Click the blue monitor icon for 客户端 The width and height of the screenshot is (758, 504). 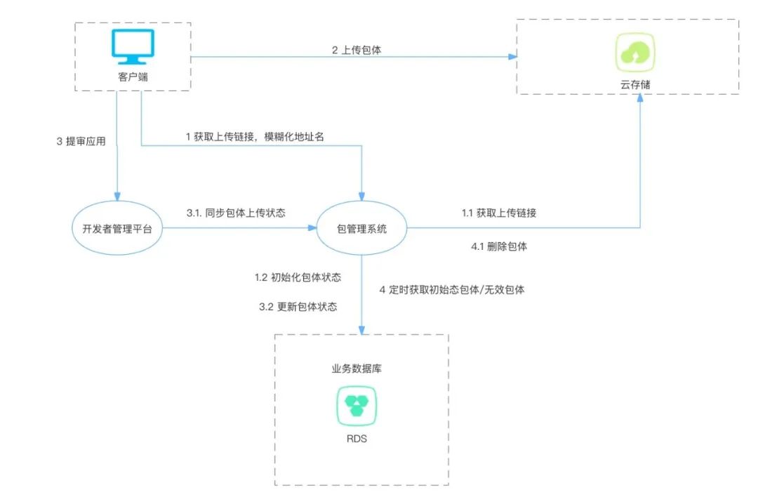(x=133, y=46)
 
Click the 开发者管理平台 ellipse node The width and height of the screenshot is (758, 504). (x=117, y=228)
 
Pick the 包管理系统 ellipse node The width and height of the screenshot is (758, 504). (x=361, y=228)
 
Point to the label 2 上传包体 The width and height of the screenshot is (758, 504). (x=356, y=51)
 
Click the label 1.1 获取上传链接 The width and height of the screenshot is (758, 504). (x=498, y=213)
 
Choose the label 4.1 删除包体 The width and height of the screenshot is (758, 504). (x=498, y=246)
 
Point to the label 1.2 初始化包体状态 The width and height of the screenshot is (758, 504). (x=298, y=277)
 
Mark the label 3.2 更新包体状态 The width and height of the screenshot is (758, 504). (x=298, y=307)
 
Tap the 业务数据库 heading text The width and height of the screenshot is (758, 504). (x=357, y=368)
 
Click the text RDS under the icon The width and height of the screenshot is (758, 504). (x=357, y=439)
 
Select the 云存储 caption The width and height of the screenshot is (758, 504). (x=635, y=84)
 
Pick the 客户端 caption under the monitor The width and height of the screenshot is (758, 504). (x=133, y=77)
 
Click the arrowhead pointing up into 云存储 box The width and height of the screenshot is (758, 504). (x=640, y=100)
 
